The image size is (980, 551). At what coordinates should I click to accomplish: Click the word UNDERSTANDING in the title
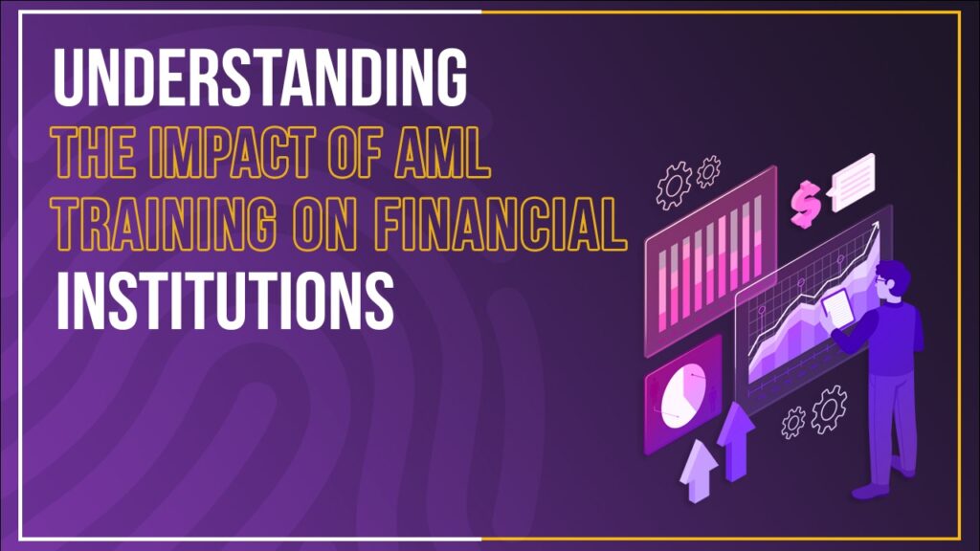pos(260,77)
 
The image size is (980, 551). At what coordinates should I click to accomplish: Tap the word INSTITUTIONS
pos(225,300)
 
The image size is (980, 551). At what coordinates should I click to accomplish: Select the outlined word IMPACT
pos(232,152)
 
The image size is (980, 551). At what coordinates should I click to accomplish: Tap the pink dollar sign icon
pos(806,204)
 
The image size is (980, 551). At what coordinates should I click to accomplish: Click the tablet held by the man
pos(838,308)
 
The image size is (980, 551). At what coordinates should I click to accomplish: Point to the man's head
pos(893,279)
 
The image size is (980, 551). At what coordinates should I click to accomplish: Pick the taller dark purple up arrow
pos(736,441)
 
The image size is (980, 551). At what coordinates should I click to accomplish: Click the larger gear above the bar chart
pos(674,185)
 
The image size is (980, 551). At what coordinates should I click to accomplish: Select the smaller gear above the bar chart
pos(708,171)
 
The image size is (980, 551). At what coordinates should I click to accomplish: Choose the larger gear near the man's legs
pos(829,409)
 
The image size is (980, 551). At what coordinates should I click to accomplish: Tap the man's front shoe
pos(871,492)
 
